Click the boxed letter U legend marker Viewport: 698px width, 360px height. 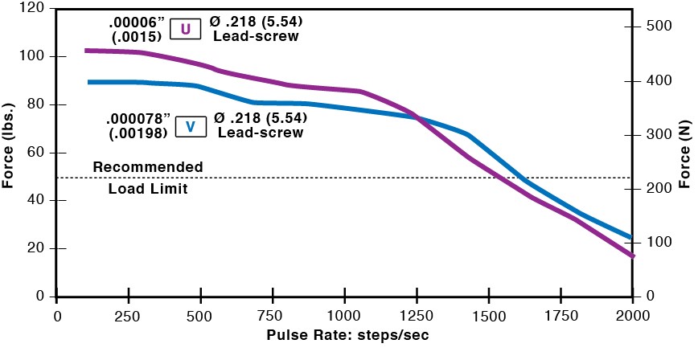coord(185,30)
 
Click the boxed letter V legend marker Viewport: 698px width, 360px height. coord(190,126)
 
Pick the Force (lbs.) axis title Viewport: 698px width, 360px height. coord(9,153)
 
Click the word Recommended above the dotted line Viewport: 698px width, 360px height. coord(147,166)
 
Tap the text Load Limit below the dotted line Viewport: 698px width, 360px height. coord(147,190)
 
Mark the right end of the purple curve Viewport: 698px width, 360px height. coord(632,256)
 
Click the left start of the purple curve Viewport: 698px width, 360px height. coord(86,51)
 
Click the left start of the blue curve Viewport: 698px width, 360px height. coord(88,82)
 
